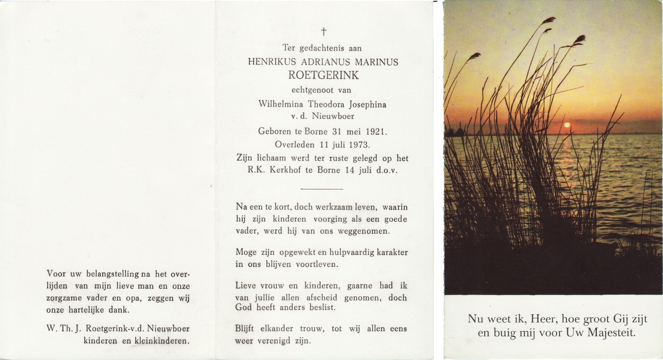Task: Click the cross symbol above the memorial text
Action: (x=324, y=31)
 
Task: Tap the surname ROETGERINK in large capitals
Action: (x=323, y=75)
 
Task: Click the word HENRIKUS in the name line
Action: (x=272, y=62)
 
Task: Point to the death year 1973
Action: (x=359, y=145)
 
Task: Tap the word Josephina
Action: (x=368, y=104)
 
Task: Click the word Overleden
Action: (x=294, y=145)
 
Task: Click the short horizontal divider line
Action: (x=322, y=189)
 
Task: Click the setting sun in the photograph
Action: (x=567, y=125)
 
